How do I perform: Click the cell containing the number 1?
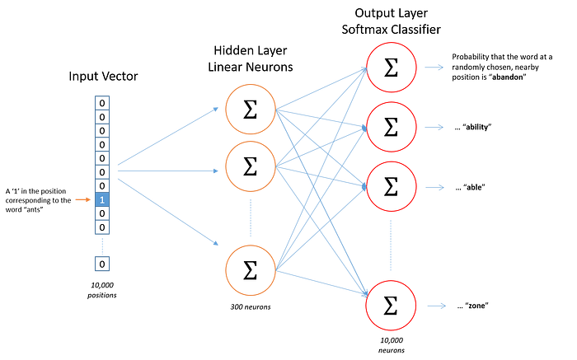(x=102, y=199)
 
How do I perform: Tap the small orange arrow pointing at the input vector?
(x=82, y=199)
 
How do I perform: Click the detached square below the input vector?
(x=102, y=264)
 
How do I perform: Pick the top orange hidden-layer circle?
(x=250, y=109)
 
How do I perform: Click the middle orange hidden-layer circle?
(x=250, y=166)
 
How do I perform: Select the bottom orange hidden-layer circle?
(x=250, y=270)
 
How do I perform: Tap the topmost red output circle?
(x=392, y=68)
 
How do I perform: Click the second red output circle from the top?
(x=392, y=127)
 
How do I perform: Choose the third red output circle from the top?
(x=392, y=186)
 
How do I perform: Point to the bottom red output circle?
(x=392, y=306)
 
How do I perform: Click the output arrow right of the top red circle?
(x=434, y=68)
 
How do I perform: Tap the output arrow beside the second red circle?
(x=434, y=127)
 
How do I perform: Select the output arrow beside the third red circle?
(x=434, y=187)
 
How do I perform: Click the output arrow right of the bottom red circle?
(x=436, y=306)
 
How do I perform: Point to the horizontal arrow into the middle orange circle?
(x=169, y=171)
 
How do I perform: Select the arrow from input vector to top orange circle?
(x=169, y=136)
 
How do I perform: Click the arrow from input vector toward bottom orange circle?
(x=169, y=210)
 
